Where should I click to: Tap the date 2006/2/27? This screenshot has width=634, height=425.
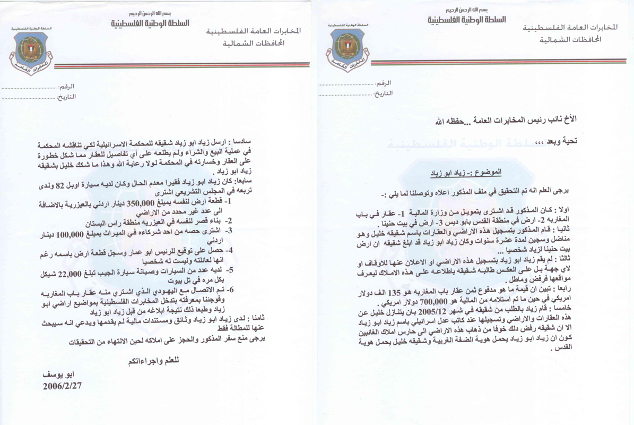(64, 386)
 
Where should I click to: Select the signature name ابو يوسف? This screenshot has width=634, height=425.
(57, 374)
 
